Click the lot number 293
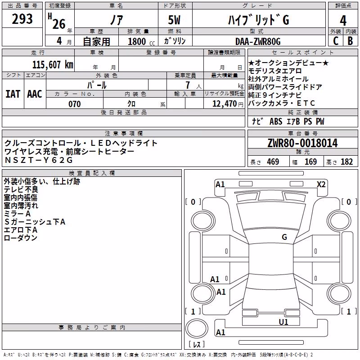[x=22, y=19]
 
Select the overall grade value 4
[x=343, y=21]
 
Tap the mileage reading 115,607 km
[x=53, y=65]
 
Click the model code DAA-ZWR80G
[x=258, y=42]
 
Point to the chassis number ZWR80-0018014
[x=302, y=143]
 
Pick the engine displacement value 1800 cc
[x=141, y=42]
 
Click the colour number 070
[x=75, y=104]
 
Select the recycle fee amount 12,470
[x=225, y=104]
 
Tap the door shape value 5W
[x=174, y=20]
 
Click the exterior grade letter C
[x=336, y=41]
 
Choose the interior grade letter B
[x=350, y=41]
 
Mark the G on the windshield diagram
[x=284, y=237]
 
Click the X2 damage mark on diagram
[x=321, y=184]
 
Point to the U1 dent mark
[x=283, y=322]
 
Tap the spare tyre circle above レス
[x=197, y=328]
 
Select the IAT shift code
[x=13, y=94]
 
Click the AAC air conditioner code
[x=35, y=94]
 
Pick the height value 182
[x=346, y=162]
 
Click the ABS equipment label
[x=276, y=121]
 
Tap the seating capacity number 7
[x=188, y=85]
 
